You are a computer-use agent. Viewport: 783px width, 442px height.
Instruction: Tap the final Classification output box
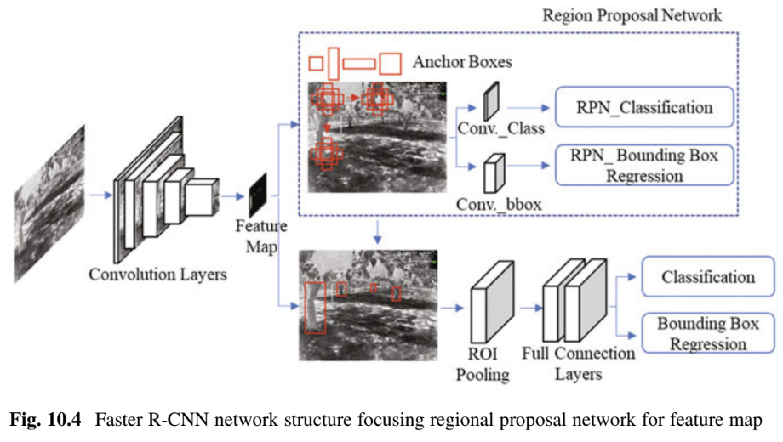tap(707, 277)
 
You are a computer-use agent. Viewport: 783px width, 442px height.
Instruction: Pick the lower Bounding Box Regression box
tap(707, 333)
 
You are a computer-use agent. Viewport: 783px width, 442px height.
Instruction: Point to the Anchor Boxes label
tap(462, 62)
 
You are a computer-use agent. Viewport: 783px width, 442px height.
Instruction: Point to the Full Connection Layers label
tap(578, 363)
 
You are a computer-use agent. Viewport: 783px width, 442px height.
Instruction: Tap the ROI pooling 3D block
tap(491, 302)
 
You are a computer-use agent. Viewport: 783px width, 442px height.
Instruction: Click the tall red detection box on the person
tap(315, 308)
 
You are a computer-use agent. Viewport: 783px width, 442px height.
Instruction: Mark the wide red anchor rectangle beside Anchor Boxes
tap(359, 63)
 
